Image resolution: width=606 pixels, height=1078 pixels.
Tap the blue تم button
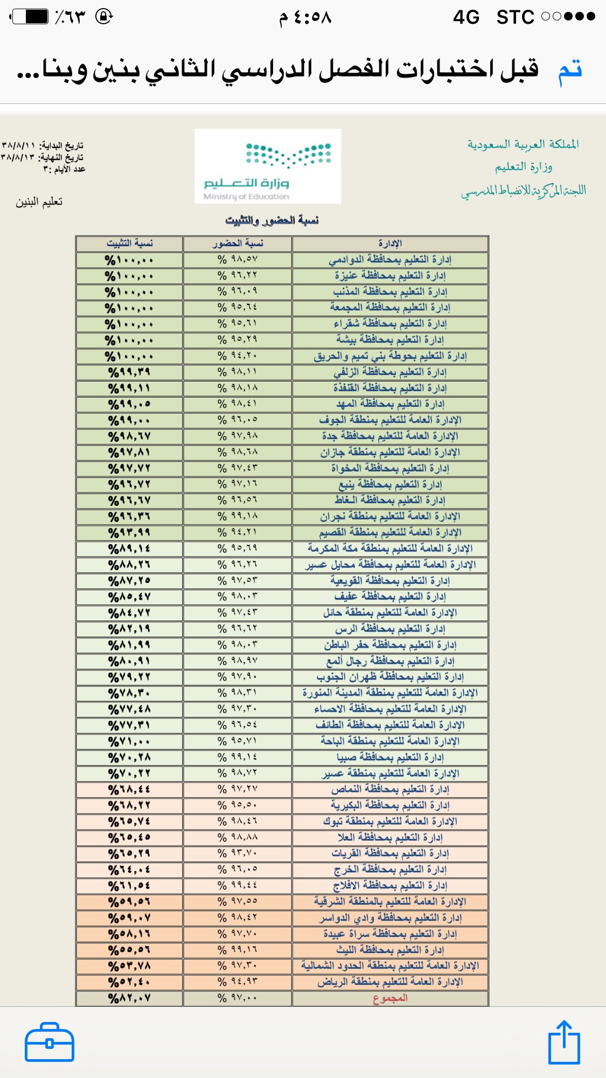(570, 71)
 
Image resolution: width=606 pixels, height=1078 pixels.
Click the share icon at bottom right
(564, 1043)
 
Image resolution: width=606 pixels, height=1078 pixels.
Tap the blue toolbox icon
(49, 1042)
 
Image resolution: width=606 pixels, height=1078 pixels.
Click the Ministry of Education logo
(267, 166)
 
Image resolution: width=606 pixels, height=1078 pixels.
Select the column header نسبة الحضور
(238, 244)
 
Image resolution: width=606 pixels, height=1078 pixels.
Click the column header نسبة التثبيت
(129, 244)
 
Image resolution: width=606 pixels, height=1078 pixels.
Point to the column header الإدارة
(390, 244)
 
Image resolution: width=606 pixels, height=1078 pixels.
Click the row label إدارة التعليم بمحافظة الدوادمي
(390, 260)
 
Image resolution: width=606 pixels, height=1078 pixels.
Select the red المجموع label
(390, 998)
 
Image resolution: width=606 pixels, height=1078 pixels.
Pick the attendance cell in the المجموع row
(238, 998)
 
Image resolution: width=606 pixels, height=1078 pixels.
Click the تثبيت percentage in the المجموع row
(129, 998)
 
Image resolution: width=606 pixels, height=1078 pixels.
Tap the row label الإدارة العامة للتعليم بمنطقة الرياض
(390, 982)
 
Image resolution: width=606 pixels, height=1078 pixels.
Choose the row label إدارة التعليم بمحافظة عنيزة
(390, 276)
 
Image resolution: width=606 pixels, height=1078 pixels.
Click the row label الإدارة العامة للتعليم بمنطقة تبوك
(390, 822)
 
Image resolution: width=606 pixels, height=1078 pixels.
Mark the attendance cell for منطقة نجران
(238, 517)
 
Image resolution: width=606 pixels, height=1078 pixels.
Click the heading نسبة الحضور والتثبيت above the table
(272, 220)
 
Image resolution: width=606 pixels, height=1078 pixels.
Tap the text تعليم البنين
(39, 202)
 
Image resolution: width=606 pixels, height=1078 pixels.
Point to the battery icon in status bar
(30, 17)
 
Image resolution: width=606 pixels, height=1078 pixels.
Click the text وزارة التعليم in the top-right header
(524, 167)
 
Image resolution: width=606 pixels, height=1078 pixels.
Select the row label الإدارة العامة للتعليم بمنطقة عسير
(390, 774)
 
